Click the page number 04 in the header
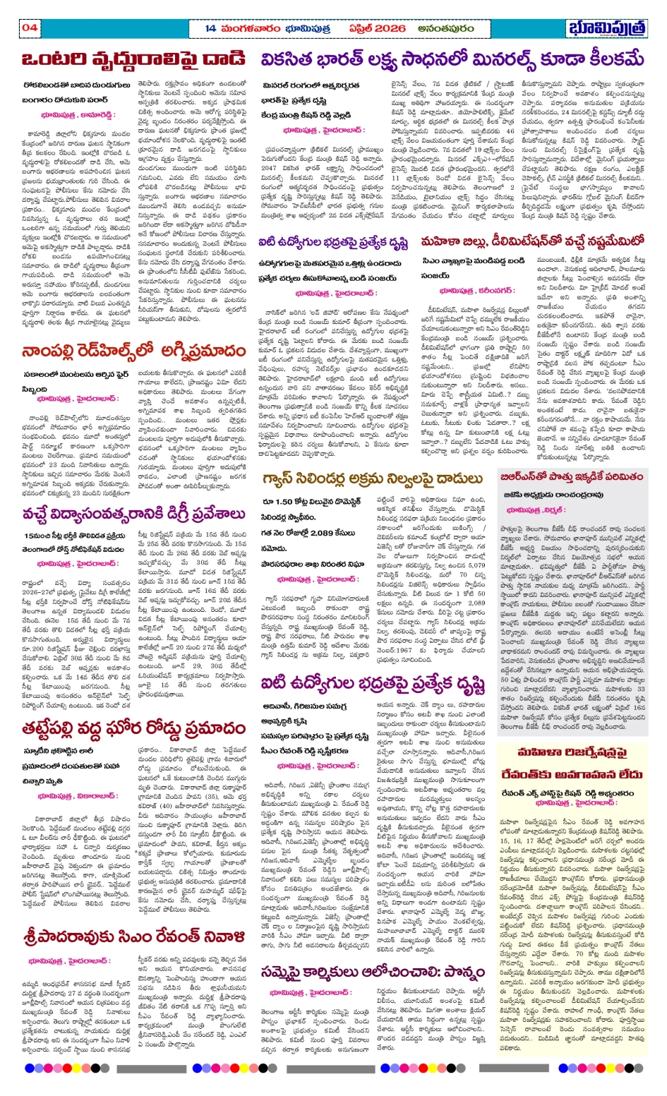pyautogui.click(x=29, y=28)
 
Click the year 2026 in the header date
pyautogui.click(x=385, y=28)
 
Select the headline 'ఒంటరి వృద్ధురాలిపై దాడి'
pyautogui.click(x=133, y=60)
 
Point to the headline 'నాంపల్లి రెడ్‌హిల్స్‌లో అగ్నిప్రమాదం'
pyautogui.click(x=133, y=351)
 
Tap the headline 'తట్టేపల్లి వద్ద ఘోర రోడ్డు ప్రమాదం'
pyautogui.click(x=133, y=728)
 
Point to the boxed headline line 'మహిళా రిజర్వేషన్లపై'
pyautogui.click(x=571, y=751)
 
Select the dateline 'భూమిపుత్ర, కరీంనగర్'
pyautogui.click(x=477, y=290)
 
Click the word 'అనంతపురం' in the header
pyautogui.click(x=445, y=28)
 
